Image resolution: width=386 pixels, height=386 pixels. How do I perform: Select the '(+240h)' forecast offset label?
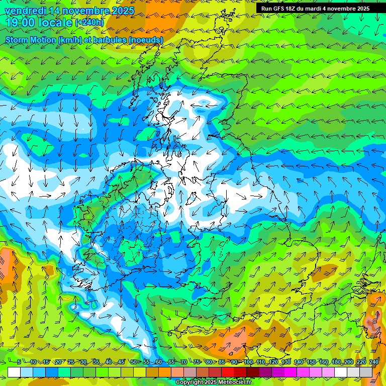pyautogui.click(x=89, y=23)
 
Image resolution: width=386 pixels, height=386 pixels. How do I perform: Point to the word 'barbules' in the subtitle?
pyautogui.click(x=109, y=40)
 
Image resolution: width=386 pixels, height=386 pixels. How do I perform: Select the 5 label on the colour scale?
pyautogui.click(x=19, y=362)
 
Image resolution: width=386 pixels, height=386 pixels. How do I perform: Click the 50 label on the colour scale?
pyautogui.click(x=134, y=362)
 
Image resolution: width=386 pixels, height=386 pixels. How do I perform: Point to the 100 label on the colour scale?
pyautogui.click(x=248, y=362)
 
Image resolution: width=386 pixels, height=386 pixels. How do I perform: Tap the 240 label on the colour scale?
pyautogui.click(x=374, y=362)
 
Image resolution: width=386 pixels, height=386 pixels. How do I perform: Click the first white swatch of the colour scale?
pyautogui.click(x=14, y=372)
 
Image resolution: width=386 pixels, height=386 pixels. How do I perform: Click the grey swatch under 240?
pyautogui.click(x=366, y=372)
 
